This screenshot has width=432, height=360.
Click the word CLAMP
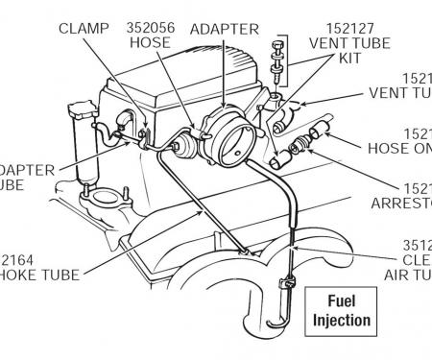click(x=84, y=27)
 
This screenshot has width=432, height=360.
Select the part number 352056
click(x=150, y=27)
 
